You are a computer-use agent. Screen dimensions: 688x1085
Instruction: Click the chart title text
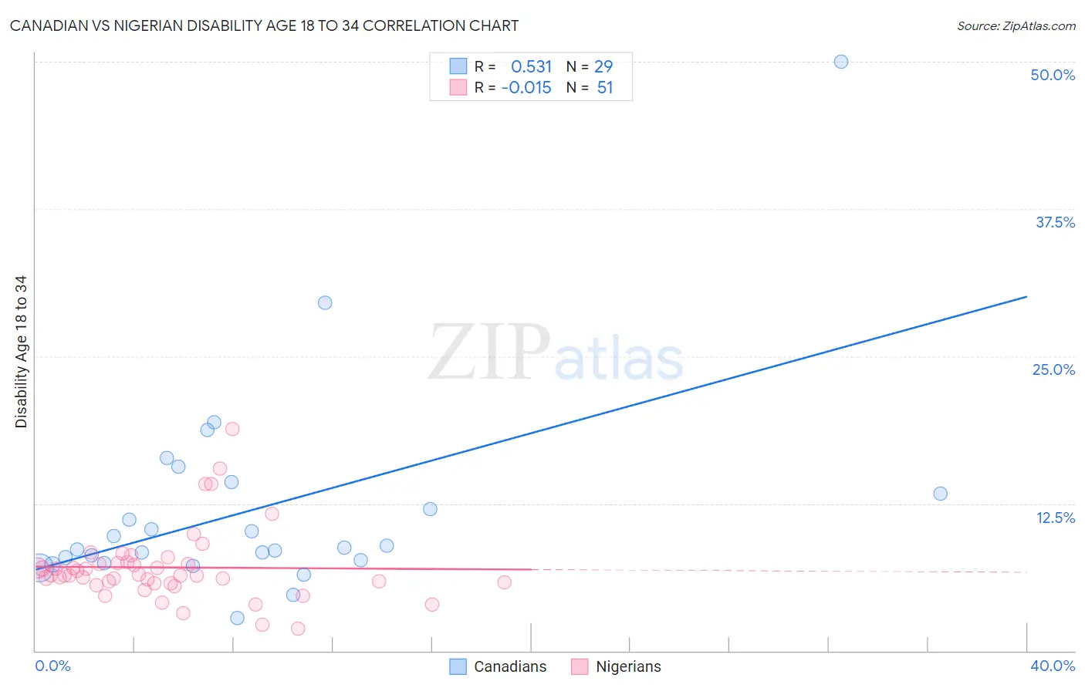[264, 25]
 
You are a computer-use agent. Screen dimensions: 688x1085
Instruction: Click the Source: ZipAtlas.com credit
[1016, 25]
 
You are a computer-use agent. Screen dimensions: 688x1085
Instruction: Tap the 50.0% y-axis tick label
[1053, 75]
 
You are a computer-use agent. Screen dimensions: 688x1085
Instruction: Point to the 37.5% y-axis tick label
[1055, 222]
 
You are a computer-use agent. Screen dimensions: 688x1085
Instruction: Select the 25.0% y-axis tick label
[1053, 369]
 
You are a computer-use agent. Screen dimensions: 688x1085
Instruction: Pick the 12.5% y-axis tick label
[1055, 518]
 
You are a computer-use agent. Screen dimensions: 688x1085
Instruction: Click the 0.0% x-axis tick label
[52, 666]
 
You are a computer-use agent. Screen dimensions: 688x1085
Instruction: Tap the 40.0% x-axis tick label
[1053, 666]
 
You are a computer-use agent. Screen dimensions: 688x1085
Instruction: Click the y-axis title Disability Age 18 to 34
[21, 352]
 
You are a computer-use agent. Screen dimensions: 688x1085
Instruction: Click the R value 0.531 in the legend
[531, 66]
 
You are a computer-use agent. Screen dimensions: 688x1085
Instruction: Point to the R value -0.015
[526, 88]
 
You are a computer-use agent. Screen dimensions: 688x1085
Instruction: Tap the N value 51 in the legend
[605, 88]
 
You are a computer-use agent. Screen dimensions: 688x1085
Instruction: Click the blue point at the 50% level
[841, 62]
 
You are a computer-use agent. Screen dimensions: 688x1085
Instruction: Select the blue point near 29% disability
[325, 302]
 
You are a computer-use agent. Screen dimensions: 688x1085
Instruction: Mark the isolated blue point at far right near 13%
[940, 494]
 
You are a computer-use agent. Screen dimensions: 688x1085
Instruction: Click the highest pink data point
[232, 429]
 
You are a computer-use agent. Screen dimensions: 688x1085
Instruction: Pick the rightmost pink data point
[504, 582]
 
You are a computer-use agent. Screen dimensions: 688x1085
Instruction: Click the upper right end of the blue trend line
[1026, 296]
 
